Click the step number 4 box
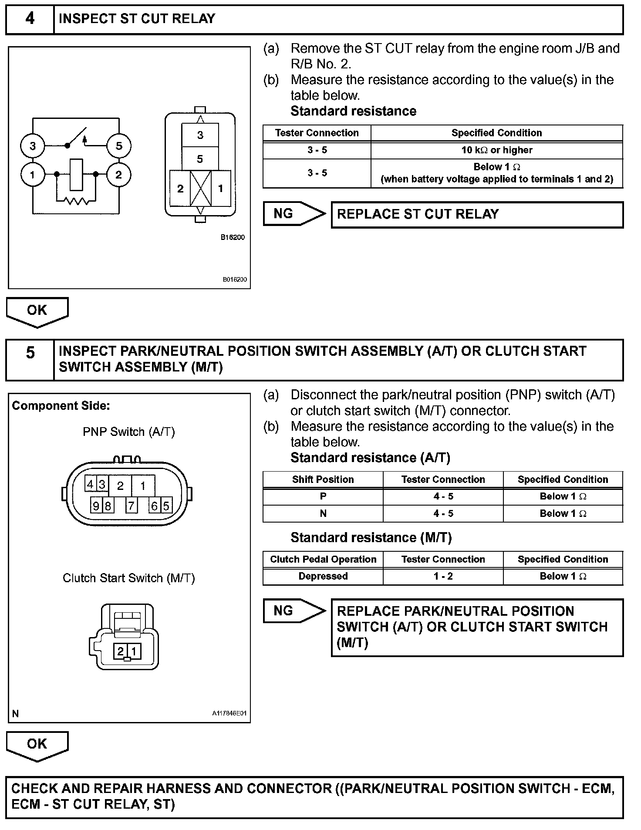(30, 19)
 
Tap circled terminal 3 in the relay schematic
(33, 146)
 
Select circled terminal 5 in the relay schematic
(118, 146)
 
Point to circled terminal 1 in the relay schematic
(33, 175)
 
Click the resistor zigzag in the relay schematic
(77, 201)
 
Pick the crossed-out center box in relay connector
(201, 188)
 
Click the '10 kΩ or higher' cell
(496, 150)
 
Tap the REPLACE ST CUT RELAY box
(477, 214)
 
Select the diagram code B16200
(233, 237)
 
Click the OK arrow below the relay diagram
(37, 311)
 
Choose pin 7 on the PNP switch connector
(131, 506)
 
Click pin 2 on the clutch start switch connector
(120, 651)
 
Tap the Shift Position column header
(323, 479)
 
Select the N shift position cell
(323, 514)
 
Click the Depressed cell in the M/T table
(323, 577)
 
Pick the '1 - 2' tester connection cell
(443, 577)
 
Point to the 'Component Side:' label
(61, 406)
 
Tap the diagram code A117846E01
(229, 713)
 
